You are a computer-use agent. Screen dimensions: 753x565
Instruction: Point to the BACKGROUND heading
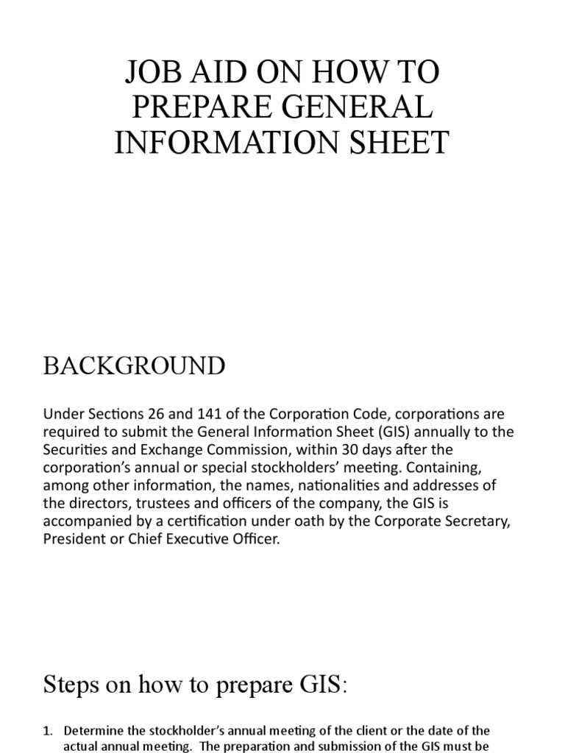135,365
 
